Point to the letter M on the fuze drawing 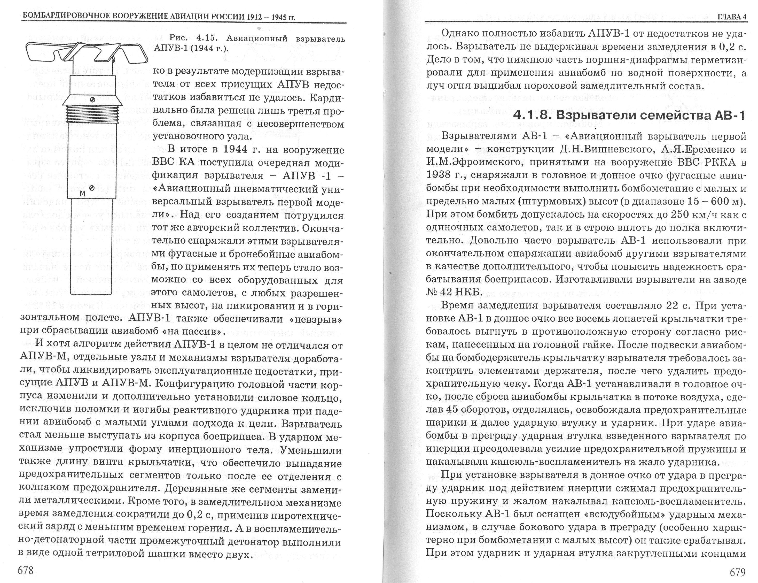(82, 193)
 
